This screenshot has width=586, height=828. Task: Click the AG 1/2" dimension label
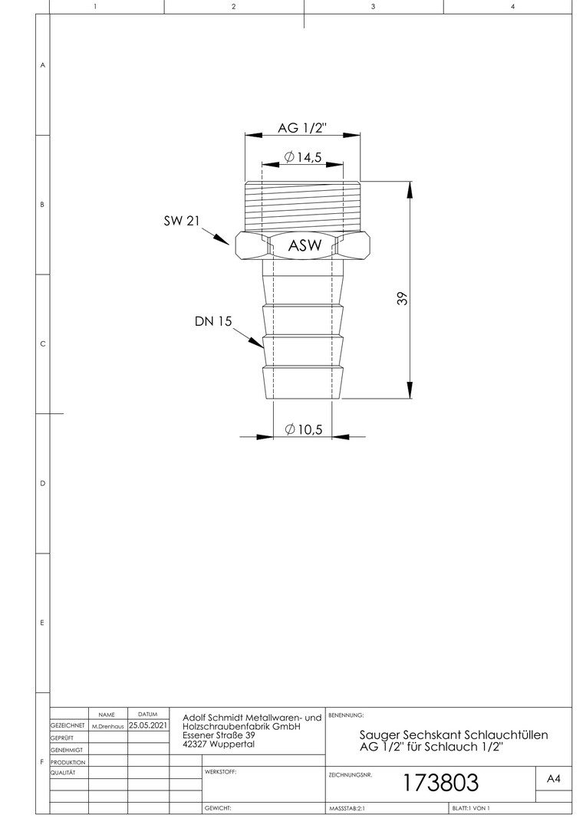pos(303,128)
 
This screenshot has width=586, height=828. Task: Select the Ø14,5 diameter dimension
pos(302,157)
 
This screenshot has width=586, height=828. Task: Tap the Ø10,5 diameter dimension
pos(303,429)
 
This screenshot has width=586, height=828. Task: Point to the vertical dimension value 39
pos(403,298)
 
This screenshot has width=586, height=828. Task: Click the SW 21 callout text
pos(182,221)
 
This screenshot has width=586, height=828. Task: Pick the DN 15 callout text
pos(213,321)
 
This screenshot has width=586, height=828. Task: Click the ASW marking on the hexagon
pos(305,245)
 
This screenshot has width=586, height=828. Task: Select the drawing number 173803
pos(441,783)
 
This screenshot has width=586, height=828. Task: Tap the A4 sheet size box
pos(554,779)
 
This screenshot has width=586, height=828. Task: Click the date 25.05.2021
pos(148,725)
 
